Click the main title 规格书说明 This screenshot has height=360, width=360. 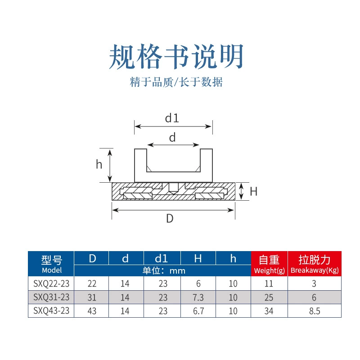(176, 57)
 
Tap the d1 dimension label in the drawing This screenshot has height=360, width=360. (172, 118)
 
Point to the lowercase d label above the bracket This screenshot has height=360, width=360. (172, 137)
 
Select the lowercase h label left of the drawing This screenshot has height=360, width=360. (99, 164)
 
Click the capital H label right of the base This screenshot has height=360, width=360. (253, 192)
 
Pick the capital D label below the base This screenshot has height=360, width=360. (170, 218)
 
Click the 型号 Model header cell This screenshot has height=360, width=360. (51, 264)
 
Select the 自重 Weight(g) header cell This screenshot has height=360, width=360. (269, 264)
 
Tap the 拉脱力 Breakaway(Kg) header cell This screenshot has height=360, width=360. (315, 264)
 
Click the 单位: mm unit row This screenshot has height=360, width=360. (164, 271)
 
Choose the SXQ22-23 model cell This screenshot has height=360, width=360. (51, 283)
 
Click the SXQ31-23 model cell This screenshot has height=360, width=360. (51, 297)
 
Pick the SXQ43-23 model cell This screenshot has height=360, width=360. (51, 311)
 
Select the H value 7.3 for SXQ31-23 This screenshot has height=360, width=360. (198, 297)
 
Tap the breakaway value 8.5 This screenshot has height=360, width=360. (315, 311)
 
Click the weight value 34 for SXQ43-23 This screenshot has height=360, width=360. (269, 311)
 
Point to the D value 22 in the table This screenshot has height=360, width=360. (92, 283)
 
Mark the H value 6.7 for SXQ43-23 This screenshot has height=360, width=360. (198, 311)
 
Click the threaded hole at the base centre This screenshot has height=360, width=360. (173, 188)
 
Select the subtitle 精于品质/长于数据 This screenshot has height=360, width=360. (176, 82)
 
